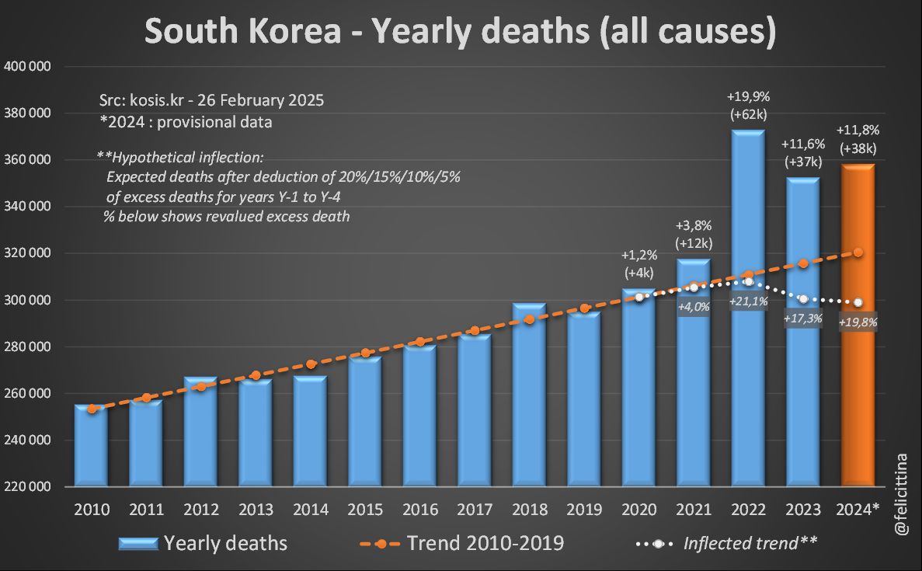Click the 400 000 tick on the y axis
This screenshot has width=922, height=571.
pos(28,67)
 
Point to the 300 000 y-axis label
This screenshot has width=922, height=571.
pos(28,300)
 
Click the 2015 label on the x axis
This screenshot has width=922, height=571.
pos(365,510)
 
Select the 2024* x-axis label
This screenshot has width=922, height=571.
pos(858,510)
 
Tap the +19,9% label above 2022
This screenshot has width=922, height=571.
pos(748,97)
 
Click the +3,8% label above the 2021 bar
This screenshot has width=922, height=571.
pos(694,225)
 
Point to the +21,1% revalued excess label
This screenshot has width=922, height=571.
pos(748,301)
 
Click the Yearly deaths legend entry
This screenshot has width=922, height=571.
pos(225,543)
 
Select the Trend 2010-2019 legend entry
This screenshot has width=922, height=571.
pos(485,543)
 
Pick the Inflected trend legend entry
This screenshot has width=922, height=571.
pos(750,543)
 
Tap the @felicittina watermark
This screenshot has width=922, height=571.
pos(902,494)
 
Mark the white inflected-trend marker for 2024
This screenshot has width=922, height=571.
pos(858,302)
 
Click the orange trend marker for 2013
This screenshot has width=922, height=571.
pos(256,375)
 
